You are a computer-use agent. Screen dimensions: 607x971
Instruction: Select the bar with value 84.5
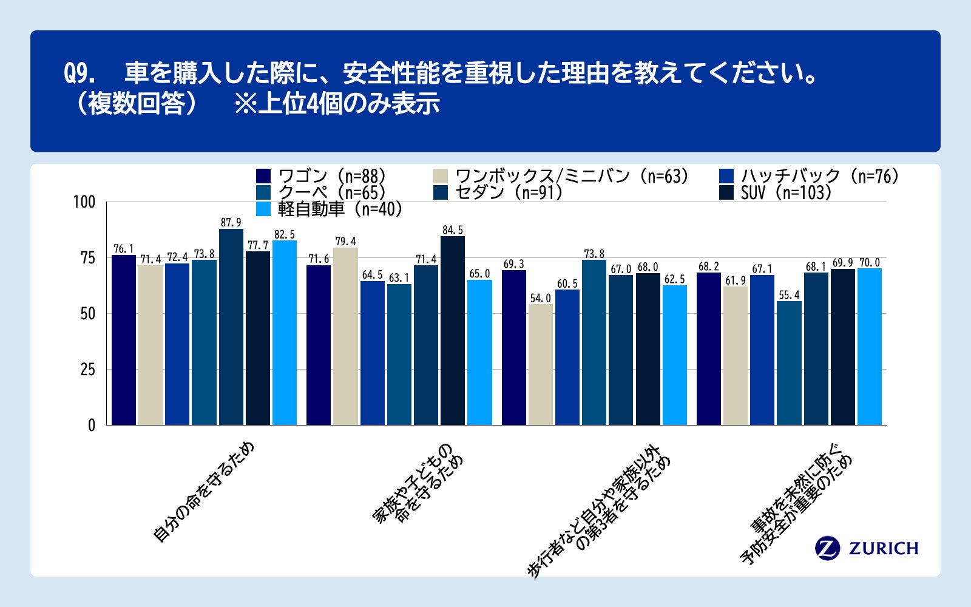click(x=452, y=330)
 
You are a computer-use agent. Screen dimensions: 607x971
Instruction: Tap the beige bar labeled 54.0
click(x=540, y=364)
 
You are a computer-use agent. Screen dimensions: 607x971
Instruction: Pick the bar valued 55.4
click(x=789, y=363)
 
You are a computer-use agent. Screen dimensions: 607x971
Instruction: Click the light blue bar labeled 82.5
click(x=285, y=333)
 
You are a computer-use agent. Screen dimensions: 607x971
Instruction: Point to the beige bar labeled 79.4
click(x=345, y=336)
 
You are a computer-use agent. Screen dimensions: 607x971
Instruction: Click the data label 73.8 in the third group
click(x=594, y=254)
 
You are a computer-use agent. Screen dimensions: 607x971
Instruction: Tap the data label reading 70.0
click(x=870, y=262)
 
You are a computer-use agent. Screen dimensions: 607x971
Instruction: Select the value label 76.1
click(x=124, y=249)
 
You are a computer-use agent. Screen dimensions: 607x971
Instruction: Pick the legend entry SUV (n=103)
click(x=785, y=192)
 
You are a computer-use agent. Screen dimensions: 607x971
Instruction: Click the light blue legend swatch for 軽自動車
click(x=263, y=209)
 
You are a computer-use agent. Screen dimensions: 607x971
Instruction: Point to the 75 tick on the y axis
click(x=88, y=258)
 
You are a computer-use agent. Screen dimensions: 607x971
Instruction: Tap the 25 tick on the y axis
click(x=88, y=370)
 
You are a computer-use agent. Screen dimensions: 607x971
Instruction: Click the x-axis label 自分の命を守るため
click(x=203, y=492)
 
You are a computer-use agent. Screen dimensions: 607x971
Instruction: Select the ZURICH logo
click(x=867, y=548)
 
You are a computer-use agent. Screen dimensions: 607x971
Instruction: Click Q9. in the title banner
click(x=80, y=74)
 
